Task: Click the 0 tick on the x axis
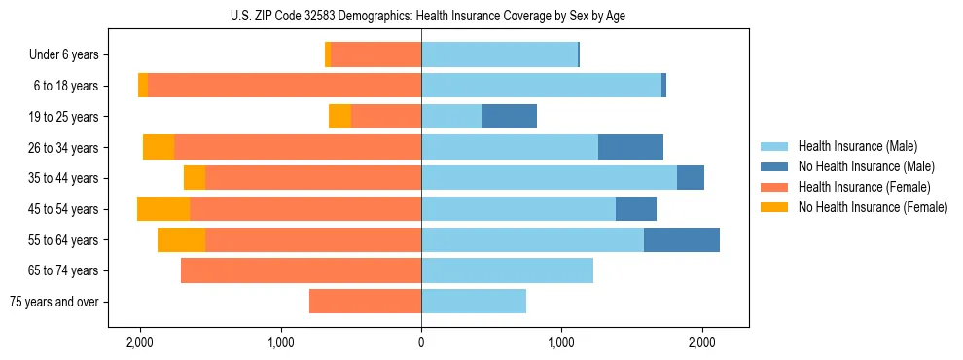[421, 342]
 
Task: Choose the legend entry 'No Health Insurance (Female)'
[873, 207]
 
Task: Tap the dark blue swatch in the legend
[774, 166]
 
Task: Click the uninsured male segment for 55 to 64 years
[681, 240]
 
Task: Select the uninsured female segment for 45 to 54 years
[163, 209]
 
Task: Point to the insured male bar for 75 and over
[474, 302]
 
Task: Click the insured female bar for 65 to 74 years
[302, 270]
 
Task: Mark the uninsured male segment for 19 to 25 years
[510, 117]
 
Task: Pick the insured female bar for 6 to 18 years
[284, 86]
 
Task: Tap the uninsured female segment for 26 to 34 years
[159, 147]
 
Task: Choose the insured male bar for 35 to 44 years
[549, 178]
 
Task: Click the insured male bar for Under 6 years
[499, 54]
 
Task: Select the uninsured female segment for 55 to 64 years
[181, 240]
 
